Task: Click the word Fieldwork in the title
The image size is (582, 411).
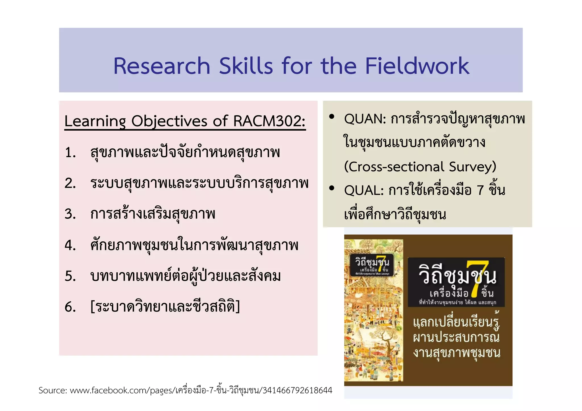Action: coord(417,66)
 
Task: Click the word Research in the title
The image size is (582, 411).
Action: coord(162,66)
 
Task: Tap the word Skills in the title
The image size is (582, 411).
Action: coord(246,66)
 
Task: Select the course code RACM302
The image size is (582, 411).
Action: coord(269,121)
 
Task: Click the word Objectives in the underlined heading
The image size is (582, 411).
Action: coord(169,121)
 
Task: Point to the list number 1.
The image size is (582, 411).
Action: coord(70,153)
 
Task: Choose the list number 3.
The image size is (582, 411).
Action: coord(70,214)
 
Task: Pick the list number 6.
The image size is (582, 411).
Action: coord(70,307)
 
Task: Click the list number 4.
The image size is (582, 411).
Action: coord(70,245)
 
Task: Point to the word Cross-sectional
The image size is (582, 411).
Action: coord(394,167)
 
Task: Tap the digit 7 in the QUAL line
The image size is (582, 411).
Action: coord(480,190)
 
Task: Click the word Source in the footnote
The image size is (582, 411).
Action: coord(53,391)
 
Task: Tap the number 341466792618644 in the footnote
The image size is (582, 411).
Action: coord(298,391)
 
